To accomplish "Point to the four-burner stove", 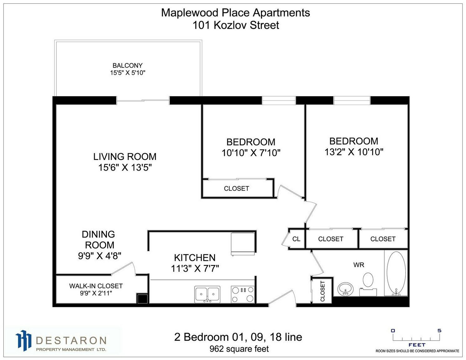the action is coord(243,294).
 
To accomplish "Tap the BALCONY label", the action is coord(128,65).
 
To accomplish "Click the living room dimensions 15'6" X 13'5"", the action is coord(125,168).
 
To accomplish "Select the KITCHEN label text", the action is coord(195,258).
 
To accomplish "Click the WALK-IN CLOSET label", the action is coord(96,286).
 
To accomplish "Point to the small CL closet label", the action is coord(296,239).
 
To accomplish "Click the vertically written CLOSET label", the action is coord(322,291).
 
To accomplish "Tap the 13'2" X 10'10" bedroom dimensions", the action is coord(354,152).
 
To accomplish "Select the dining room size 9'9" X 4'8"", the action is coord(99,256).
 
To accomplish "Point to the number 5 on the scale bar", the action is coord(439,330).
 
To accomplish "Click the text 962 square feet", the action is coord(239,349).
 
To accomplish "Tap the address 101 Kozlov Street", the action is coord(236,25).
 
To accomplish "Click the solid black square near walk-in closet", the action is coord(143,298).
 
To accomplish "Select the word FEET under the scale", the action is coord(417,345).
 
